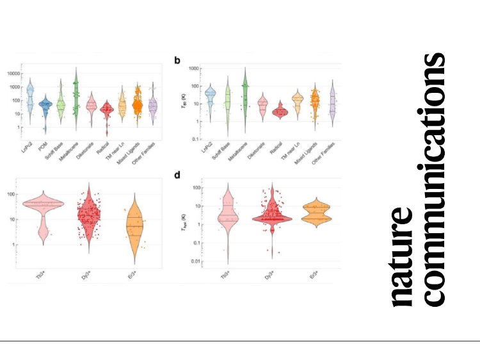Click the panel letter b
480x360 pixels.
(x=177, y=60)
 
